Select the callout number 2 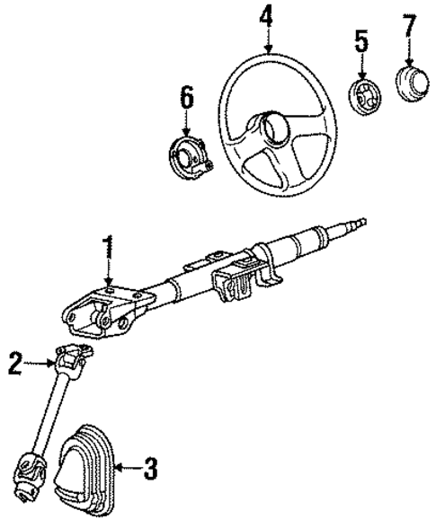(x=14, y=364)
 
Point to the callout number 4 (x=266, y=15)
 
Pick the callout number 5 (x=360, y=40)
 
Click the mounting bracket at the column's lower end (x=90, y=318)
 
